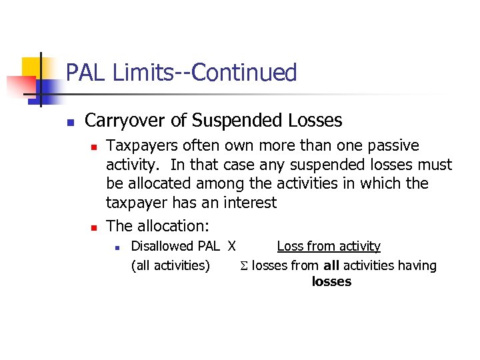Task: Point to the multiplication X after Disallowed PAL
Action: pyautogui.click(x=231, y=246)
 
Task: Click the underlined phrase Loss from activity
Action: pyautogui.click(x=329, y=246)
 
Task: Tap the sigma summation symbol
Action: pyautogui.click(x=244, y=266)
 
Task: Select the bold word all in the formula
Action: pyautogui.click(x=331, y=265)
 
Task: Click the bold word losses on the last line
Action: pyautogui.click(x=331, y=281)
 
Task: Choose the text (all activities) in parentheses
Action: pyautogui.click(x=171, y=265)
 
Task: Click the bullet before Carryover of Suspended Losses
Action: pyautogui.click(x=69, y=122)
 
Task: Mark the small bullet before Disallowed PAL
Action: pyautogui.click(x=117, y=247)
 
